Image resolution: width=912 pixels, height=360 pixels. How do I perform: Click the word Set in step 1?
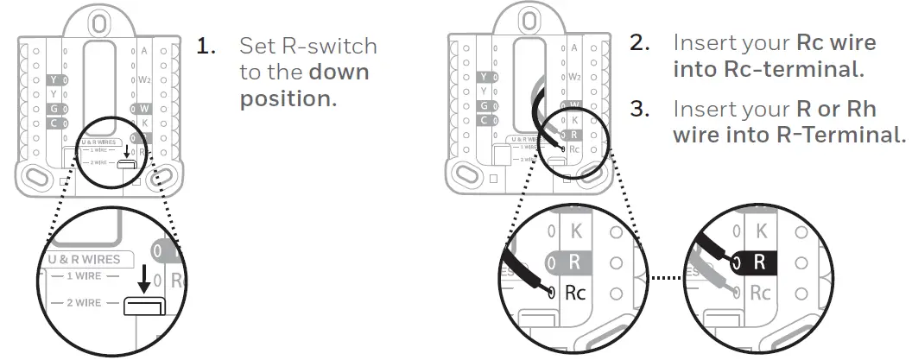click(x=257, y=46)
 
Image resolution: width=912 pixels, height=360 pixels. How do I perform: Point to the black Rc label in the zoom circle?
click(x=575, y=293)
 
